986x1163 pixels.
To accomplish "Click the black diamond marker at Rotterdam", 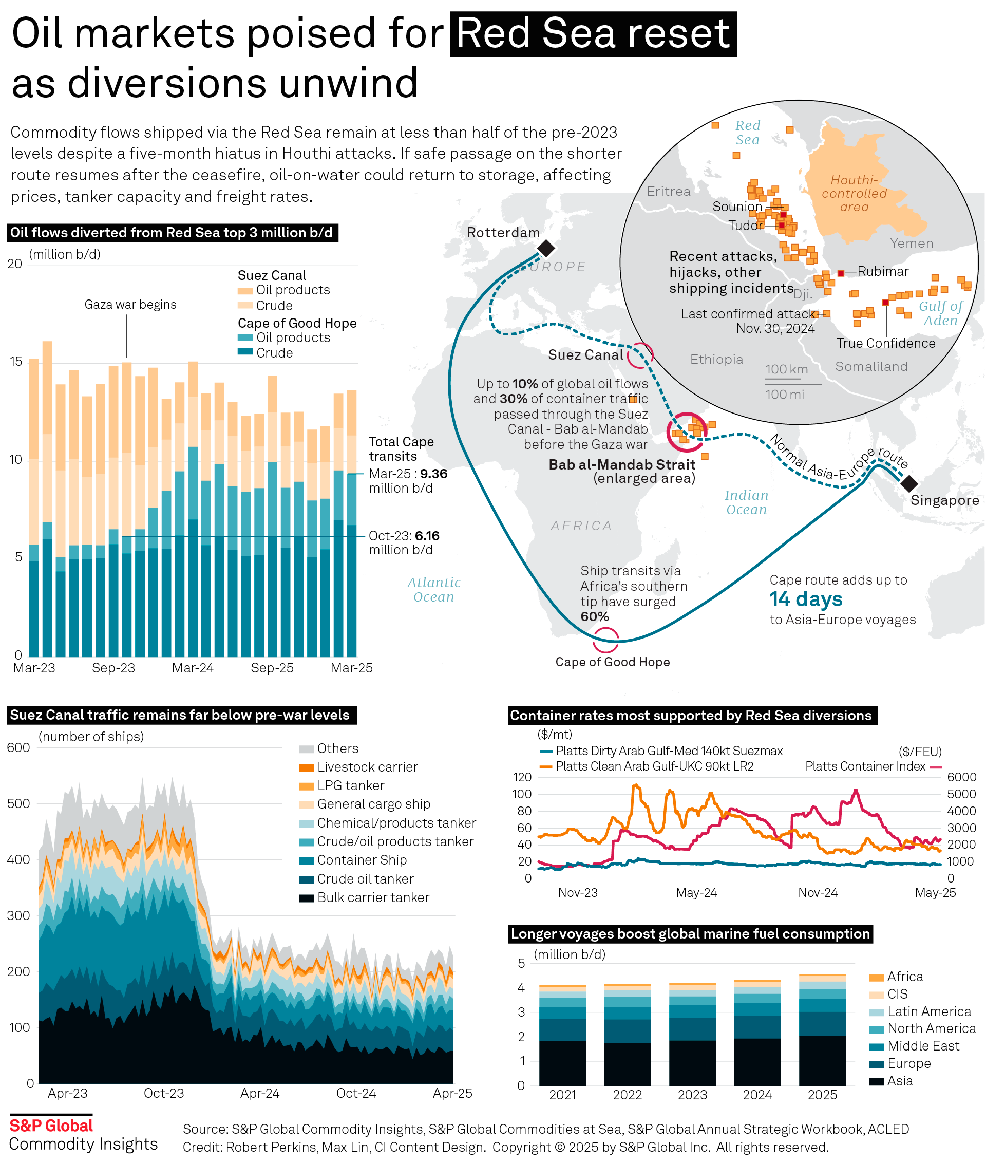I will [546, 248].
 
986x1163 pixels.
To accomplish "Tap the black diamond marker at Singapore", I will [909, 483].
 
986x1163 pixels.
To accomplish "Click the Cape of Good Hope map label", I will [612, 662].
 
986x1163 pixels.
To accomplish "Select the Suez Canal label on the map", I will [585, 355].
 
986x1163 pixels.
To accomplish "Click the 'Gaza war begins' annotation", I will [130, 305].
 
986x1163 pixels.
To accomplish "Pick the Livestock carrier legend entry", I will [367, 767].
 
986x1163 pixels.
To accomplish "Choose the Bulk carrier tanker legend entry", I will [373, 897].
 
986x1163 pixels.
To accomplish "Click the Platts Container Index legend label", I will [865, 766].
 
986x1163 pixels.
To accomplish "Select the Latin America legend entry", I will [928, 1011].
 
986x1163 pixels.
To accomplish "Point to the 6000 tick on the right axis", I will [961, 777].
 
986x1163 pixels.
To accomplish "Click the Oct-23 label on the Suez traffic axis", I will [164, 1093].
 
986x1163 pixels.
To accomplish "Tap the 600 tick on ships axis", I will [18, 747].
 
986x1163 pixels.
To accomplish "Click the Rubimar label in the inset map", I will [883, 272].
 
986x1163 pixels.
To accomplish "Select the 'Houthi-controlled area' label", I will [854, 194].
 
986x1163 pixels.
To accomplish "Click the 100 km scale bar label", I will [786, 369].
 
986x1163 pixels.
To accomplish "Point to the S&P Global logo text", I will [51, 1126].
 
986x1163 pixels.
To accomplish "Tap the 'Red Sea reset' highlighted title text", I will [593, 33].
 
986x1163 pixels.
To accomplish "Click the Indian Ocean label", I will [746, 502].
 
